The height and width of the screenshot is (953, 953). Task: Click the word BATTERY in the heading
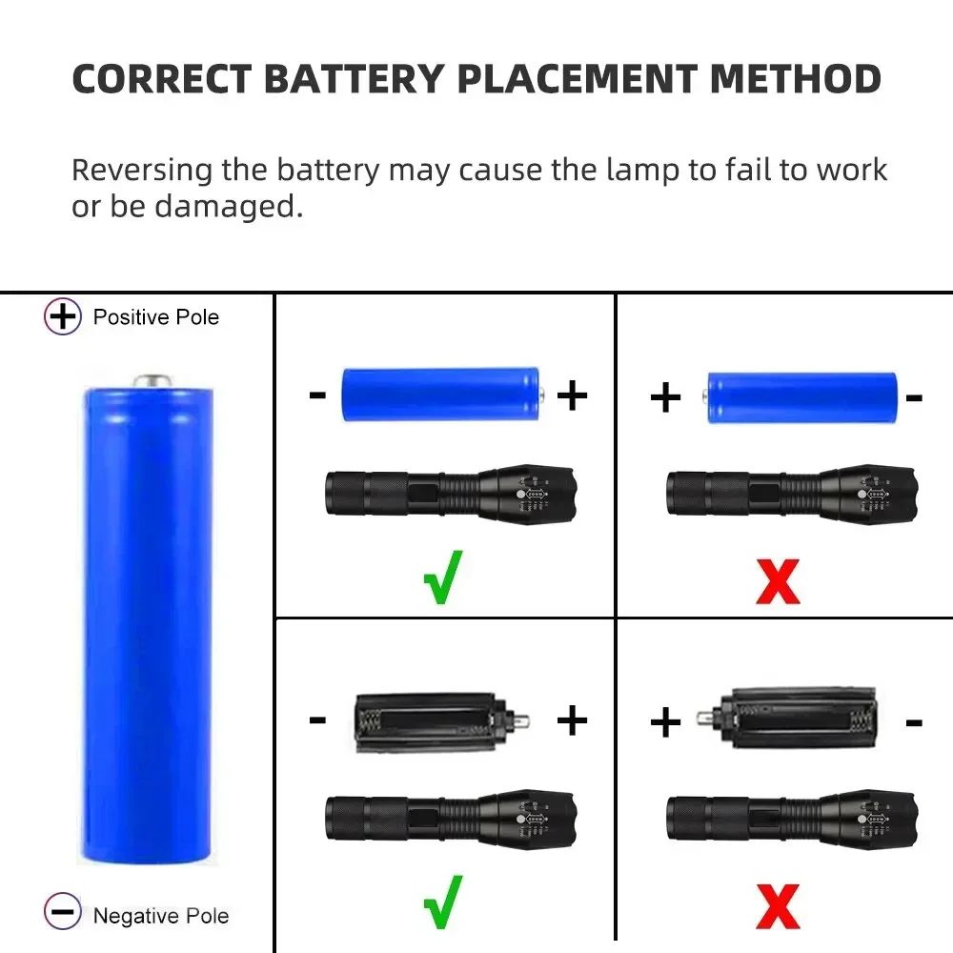click(352, 79)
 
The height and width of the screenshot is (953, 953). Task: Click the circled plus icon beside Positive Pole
click(63, 316)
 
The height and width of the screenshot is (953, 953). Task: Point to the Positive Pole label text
click(156, 316)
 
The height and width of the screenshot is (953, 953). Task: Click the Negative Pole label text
click(161, 916)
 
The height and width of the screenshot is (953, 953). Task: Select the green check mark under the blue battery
click(443, 577)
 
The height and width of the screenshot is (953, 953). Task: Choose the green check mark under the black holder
click(443, 901)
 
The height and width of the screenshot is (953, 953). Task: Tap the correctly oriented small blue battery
click(442, 395)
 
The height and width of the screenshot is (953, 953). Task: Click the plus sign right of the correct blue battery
click(572, 395)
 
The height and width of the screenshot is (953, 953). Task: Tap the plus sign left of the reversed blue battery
click(665, 397)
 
